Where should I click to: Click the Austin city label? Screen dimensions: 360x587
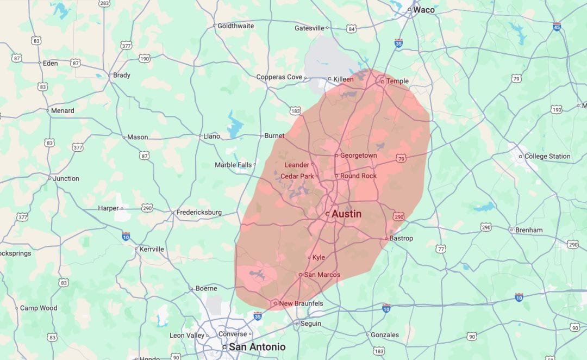coord(346,214)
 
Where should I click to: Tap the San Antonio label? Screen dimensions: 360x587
coord(257,346)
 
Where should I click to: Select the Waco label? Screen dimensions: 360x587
coord(424,10)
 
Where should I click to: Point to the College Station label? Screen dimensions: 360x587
coord(547,157)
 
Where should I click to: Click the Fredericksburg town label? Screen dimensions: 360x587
coord(199,212)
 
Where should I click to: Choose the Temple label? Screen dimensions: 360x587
coord(397,82)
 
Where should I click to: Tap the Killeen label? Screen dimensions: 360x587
coord(343,79)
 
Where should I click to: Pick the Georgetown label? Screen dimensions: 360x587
coord(358,156)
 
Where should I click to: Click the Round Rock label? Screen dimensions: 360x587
coord(358,176)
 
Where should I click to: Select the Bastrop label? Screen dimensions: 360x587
coord(401,239)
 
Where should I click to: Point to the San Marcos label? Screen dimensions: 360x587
coord(322,275)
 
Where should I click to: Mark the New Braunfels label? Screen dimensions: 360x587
coord(301,303)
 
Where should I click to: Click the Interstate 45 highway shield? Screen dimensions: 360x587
coord(557,26)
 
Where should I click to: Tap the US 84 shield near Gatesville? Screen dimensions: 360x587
coord(352,28)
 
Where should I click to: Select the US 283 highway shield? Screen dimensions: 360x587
coord(104,3)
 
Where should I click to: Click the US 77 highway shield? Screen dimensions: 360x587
coord(441,249)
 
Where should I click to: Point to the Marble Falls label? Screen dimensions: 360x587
coord(233,165)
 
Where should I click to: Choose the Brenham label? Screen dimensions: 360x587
coord(529,230)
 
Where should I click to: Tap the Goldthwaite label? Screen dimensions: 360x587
coord(235,26)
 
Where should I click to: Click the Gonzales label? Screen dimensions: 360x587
coord(384,335)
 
